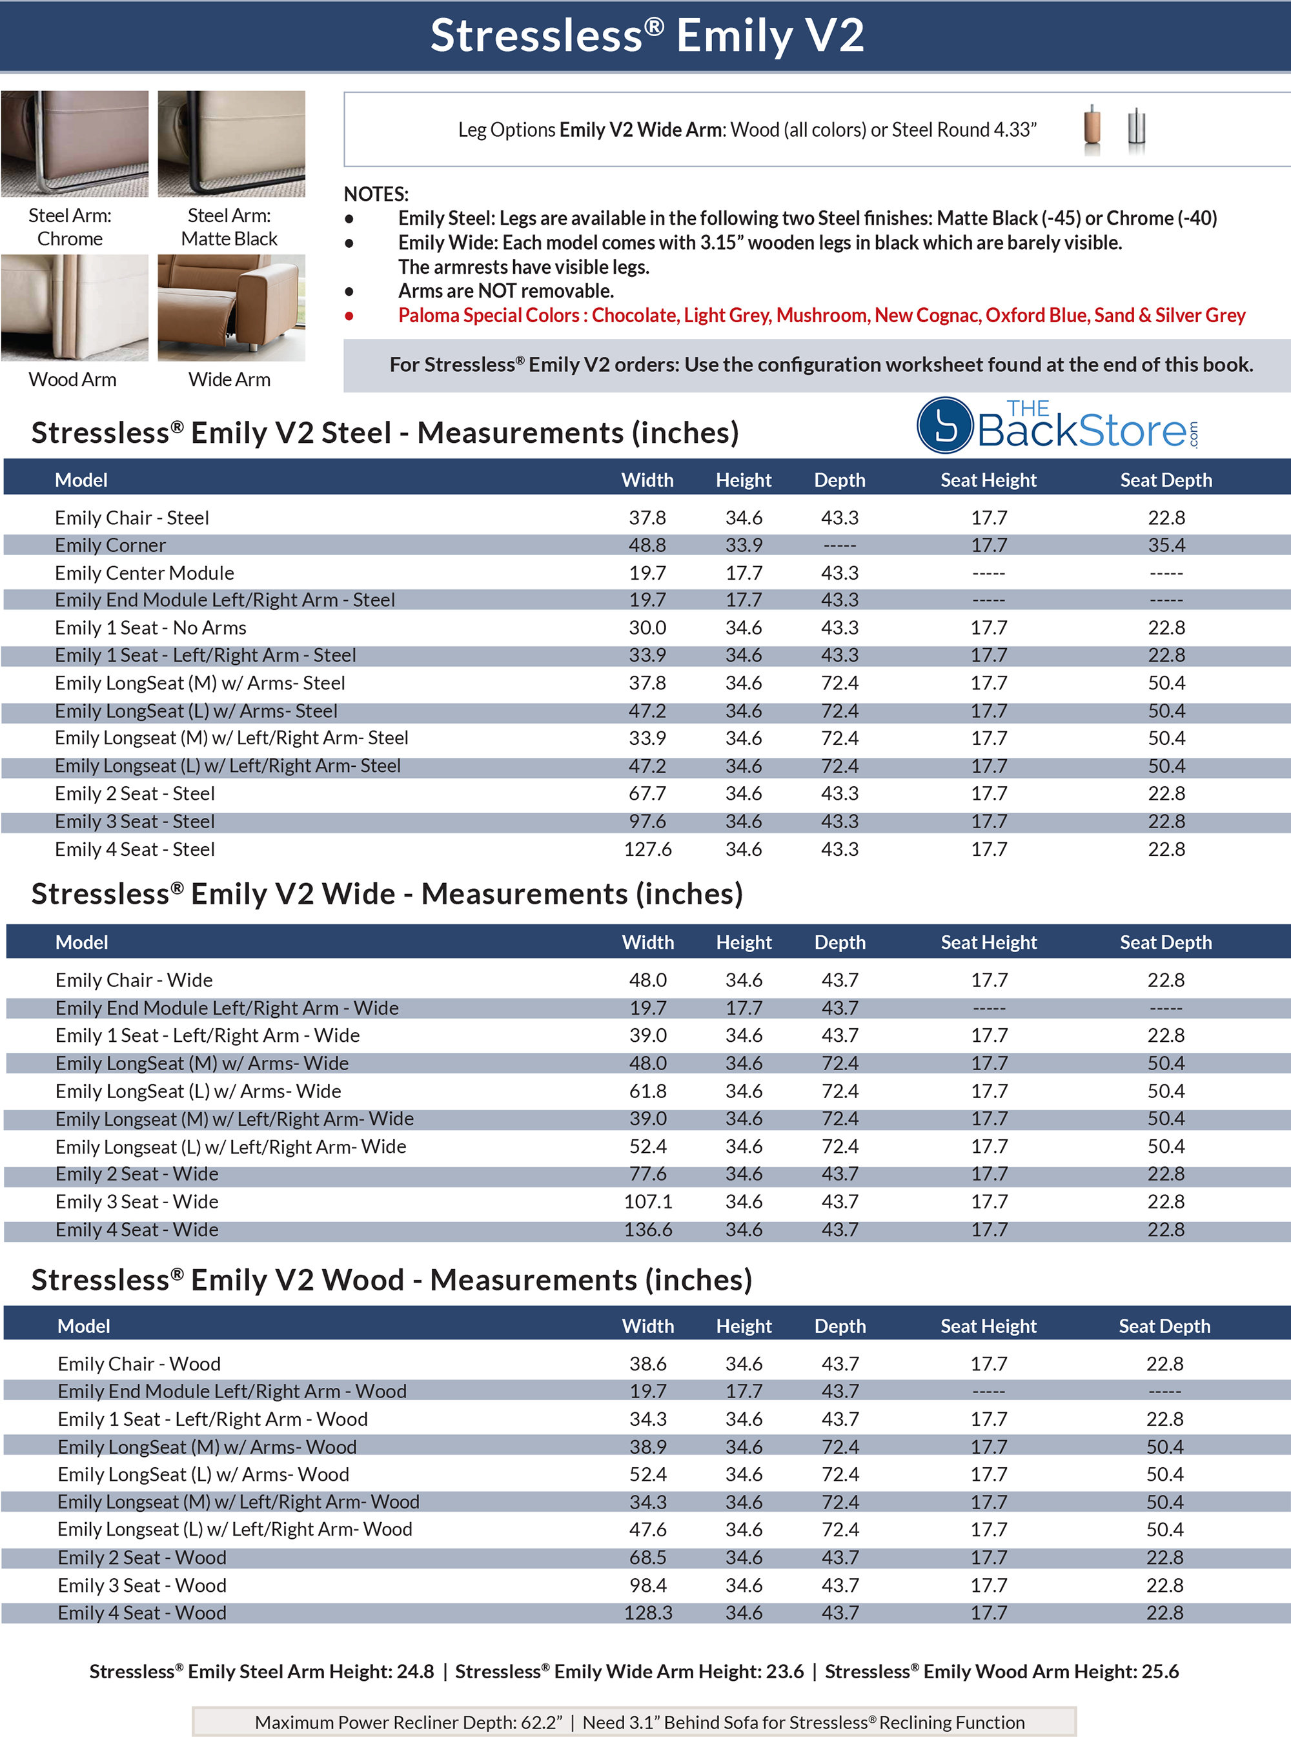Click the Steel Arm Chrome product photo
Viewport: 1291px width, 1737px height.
(74, 144)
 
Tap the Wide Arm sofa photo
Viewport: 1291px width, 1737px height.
(231, 307)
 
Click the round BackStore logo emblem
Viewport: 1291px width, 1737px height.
(946, 426)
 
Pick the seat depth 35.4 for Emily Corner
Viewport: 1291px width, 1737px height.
(1166, 545)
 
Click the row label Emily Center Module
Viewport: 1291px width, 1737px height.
(145, 573)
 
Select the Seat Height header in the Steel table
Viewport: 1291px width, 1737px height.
(988, 480)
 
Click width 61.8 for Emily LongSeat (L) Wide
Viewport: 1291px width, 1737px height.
(648, 1091)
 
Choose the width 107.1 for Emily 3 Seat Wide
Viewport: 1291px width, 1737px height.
(648, 1202)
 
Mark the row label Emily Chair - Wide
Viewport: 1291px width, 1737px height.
(134, 980)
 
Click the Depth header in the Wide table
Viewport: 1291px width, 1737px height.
(839, 942)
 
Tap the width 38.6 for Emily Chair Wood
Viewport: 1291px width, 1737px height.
(648, 1363)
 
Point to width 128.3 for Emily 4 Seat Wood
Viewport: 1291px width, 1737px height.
(648, 1613)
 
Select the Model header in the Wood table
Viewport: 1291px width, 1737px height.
(84, 1326)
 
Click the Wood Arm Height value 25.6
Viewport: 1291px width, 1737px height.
(1160, 1671)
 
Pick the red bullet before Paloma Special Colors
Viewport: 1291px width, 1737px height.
(349, 316)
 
